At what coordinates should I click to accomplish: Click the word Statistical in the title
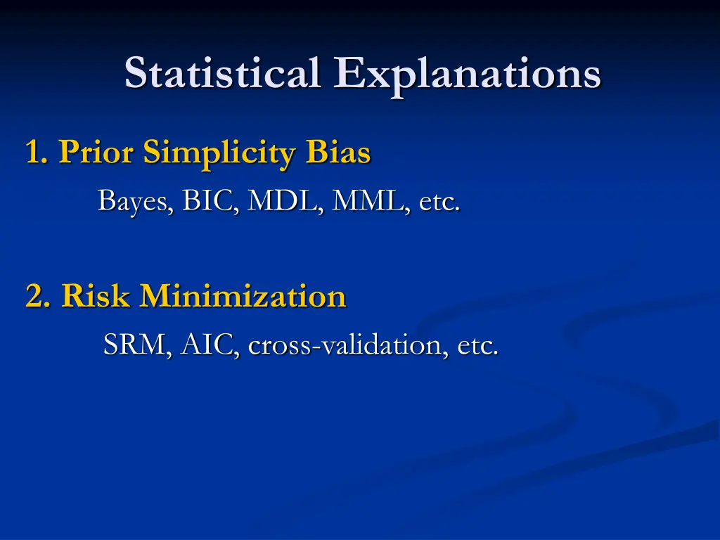(224, 73)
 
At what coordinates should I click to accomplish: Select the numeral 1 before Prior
(32, 152)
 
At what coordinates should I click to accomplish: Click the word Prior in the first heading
(96, 152)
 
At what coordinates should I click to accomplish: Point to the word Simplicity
(220, 153)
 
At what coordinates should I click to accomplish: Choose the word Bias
(337, 152)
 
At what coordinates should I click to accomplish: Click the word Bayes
(134, 202)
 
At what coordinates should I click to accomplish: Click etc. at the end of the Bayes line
(439, 202)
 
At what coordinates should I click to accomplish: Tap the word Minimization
(243, 296)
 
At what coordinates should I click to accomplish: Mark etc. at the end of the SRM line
(478, 345)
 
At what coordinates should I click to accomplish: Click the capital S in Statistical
(137, 73)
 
